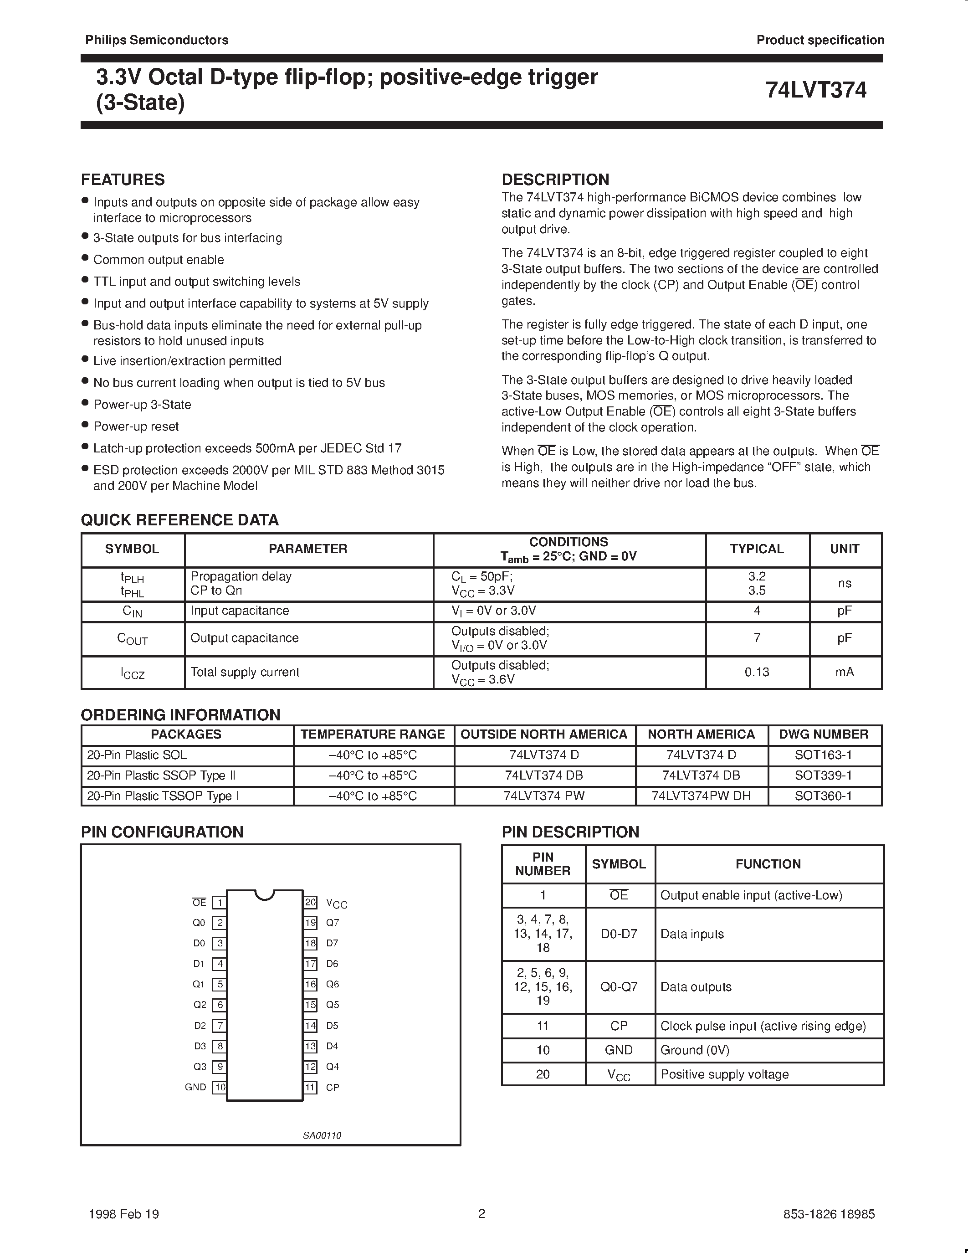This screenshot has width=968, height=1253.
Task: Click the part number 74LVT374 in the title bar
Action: coord(815,90)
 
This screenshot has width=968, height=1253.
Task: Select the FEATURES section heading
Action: coord(123,180)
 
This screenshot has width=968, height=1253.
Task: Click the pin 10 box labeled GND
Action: coord(219,1087)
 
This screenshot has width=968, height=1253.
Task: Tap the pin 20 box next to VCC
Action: coord(310,902)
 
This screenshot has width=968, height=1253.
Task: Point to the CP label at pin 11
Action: coord(332,1087)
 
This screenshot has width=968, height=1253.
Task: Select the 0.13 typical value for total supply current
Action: coord(756,672)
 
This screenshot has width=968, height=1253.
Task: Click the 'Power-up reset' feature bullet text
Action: coord(136,426)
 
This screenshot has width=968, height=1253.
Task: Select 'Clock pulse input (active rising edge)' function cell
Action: coord(763,1026)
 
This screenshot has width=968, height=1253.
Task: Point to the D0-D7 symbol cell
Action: coord(619,934)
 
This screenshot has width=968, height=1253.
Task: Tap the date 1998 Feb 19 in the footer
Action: coord(124,1214)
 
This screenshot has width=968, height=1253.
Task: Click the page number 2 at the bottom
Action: coord(481,1213)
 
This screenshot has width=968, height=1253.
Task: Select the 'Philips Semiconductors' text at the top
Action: coord(157,40)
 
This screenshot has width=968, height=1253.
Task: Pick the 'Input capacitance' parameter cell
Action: coord(240,611)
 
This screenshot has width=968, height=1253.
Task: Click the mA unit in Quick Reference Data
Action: coord(844,672)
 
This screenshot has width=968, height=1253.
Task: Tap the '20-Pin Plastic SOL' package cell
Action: coord(137,755)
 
